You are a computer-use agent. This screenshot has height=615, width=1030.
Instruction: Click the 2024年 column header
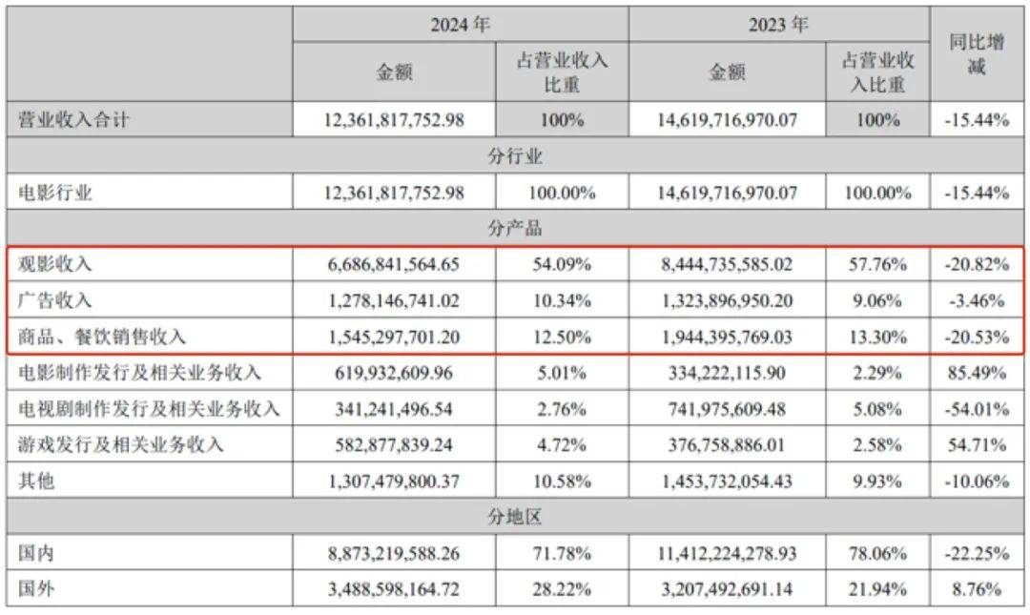(x=460, y=25)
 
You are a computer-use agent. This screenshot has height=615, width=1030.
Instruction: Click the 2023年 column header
(x=778, y=25)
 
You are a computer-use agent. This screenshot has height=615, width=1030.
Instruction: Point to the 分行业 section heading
(x=515, y=156)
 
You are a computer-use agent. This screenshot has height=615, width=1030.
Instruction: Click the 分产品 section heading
(x=515, y=229)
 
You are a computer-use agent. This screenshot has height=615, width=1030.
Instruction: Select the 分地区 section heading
(x=515, y=518)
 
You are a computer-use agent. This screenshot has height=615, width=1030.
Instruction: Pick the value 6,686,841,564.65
(x=393, y=264)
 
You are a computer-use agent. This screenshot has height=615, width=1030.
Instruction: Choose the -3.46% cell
(x=977, y=300)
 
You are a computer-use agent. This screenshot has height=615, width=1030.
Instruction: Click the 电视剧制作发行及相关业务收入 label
(x=149, y=409)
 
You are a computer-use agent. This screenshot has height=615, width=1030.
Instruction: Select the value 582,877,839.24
(x=393, y=445)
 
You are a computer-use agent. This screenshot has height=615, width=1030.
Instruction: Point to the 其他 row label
(x=37, y=482)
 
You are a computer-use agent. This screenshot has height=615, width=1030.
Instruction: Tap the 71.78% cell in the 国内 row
(x=563, y=554)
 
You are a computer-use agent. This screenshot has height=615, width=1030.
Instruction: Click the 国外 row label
(x=37, y=590)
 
